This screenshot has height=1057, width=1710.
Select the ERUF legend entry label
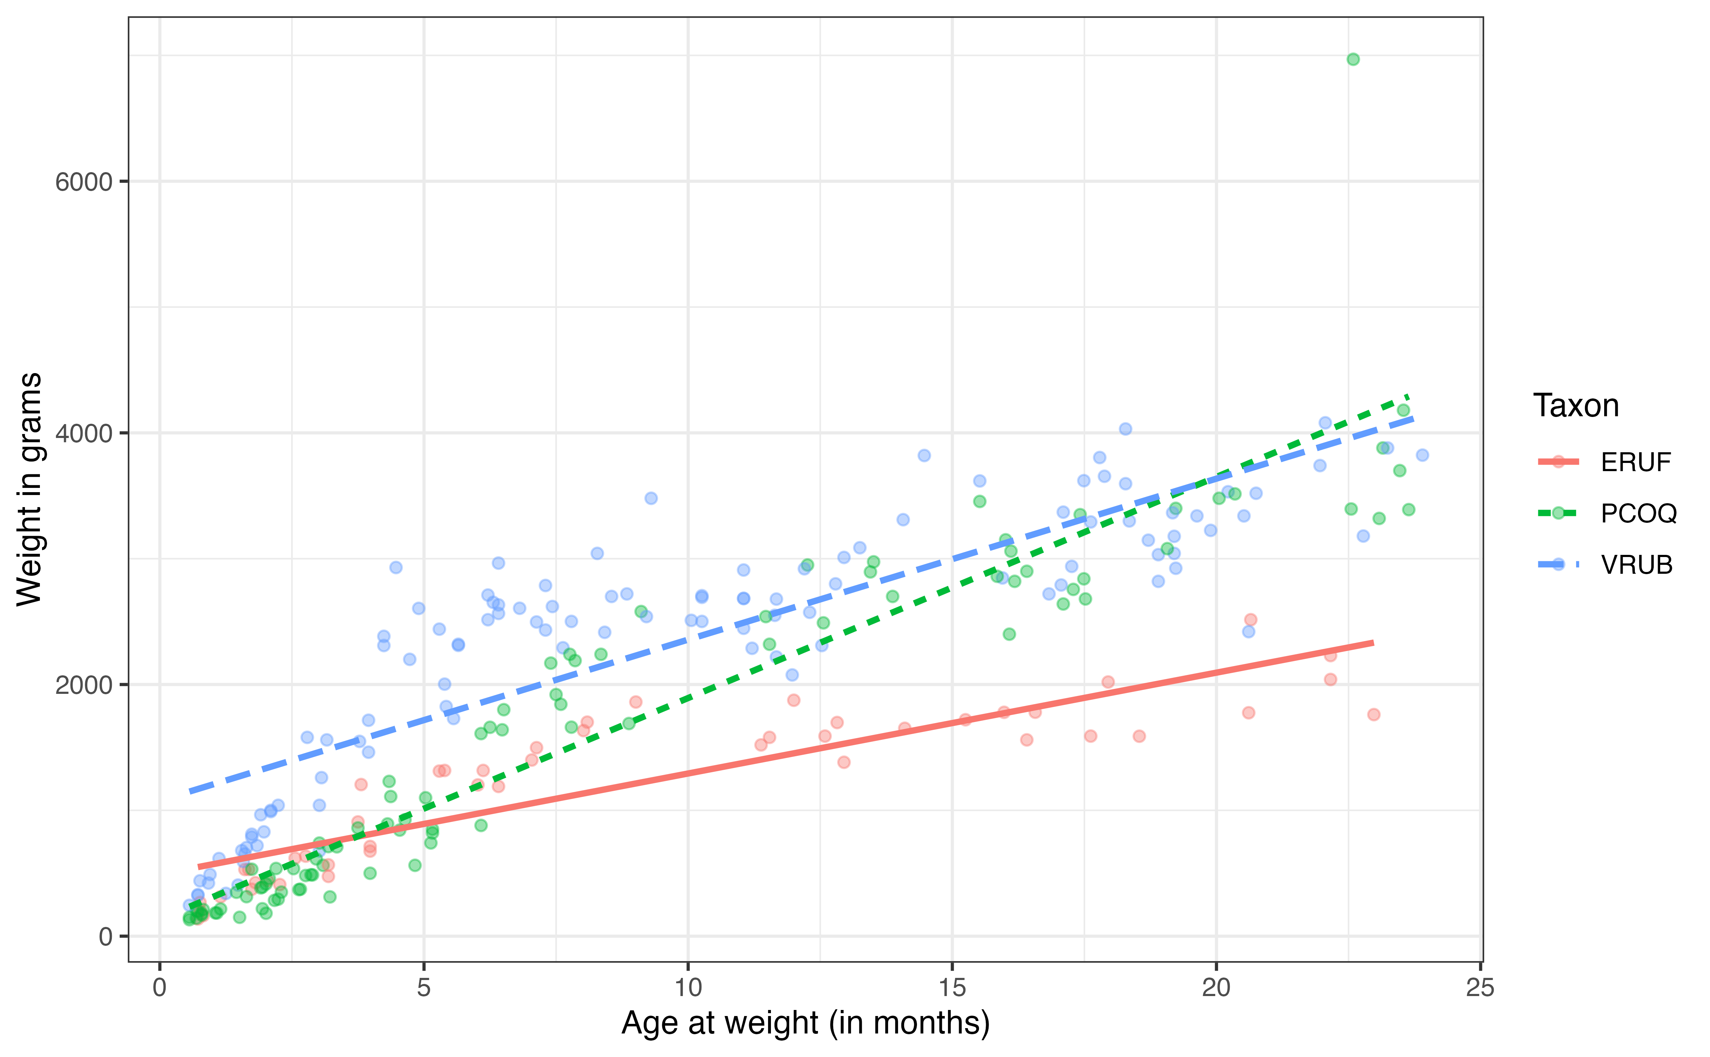coord(1635,462)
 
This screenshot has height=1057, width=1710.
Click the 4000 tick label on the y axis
coord(84,433)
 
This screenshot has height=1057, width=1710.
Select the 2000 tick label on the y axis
coord(84,685)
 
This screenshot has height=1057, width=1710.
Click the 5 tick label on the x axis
coord(424,988)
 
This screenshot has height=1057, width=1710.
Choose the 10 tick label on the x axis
coord(688,988)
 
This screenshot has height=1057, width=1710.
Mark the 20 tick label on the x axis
coord(1216,988)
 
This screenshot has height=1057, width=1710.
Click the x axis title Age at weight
coord(805,1024)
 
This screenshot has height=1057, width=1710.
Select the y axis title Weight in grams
coord(29,489)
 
